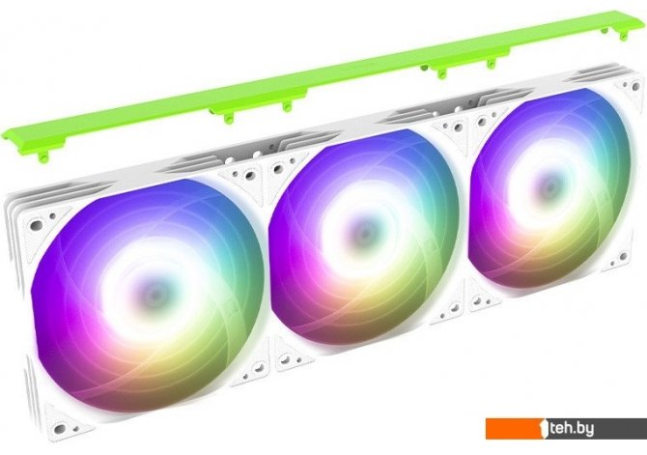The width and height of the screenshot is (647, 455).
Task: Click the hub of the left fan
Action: point(154,293)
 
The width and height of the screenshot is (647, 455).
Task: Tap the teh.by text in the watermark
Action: point(573,429)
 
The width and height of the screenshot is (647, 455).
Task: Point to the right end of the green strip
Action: point(645,17)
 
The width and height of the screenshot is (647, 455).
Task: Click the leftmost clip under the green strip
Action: point(42,156)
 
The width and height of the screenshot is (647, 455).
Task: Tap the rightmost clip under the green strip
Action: point(605,31)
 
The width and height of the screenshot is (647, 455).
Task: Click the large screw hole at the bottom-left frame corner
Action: point(60,428)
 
